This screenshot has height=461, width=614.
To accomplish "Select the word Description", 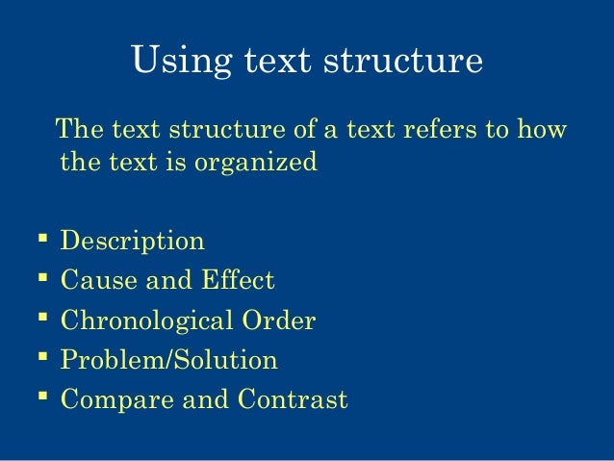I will pos(132,241).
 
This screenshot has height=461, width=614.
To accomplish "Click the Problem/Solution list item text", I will pos(168,361).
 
